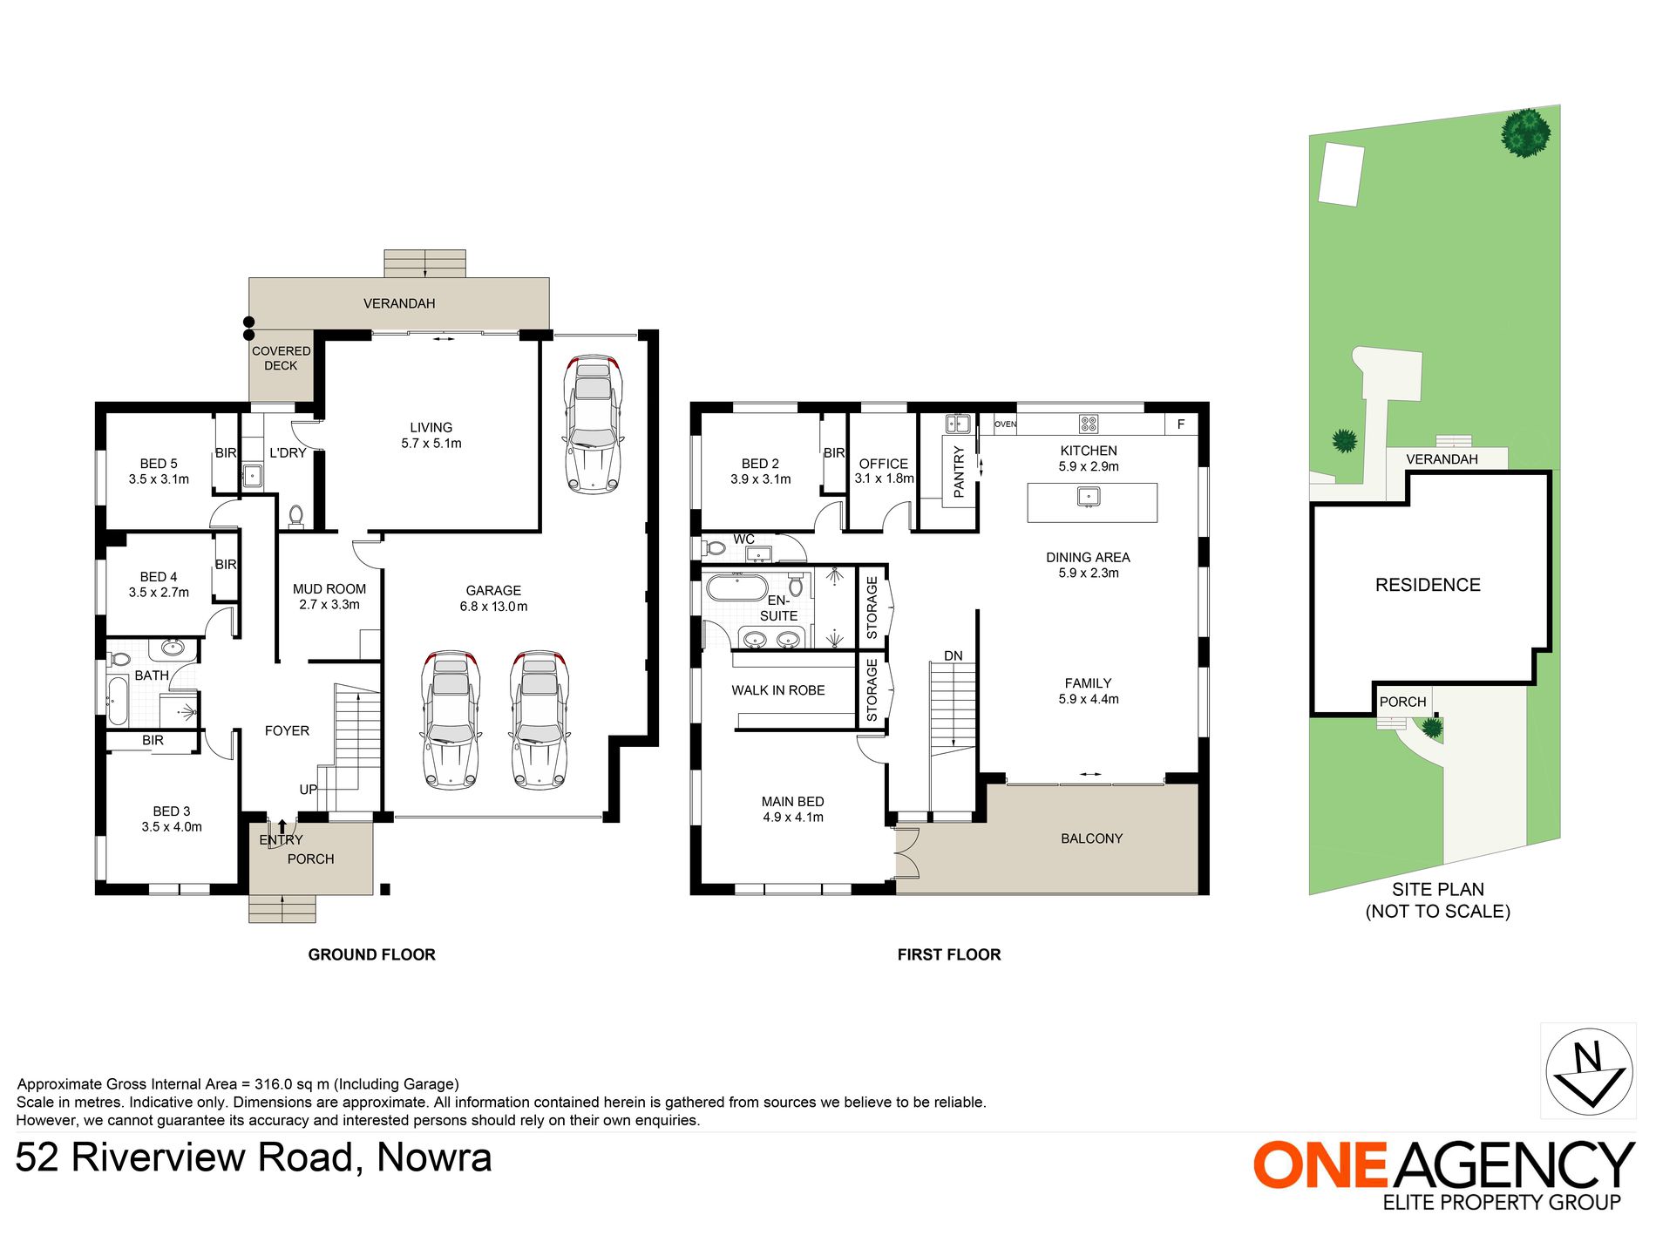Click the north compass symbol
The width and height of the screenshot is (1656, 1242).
coord(1589,1071)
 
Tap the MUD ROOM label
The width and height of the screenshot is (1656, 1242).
coord(329,589)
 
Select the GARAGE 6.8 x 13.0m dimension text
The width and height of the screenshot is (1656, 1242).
coord(493,607)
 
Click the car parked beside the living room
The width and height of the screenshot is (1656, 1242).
coord(594,424)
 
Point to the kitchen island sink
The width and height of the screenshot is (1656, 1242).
coord(1089,497)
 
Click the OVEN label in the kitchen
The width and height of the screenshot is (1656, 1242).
coord(1005,424)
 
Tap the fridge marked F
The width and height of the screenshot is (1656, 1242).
coord(1181,424)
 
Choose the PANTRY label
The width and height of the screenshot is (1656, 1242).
coord(960,472)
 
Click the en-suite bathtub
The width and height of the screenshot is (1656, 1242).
coord(736,587)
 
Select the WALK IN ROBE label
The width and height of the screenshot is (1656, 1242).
coord(778,690)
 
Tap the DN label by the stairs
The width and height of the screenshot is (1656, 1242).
coord(954,656)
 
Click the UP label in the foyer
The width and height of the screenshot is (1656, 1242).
coord(309,790)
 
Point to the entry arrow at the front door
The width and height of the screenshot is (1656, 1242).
coord(282,825)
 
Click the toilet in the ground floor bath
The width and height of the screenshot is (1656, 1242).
coord(119,660)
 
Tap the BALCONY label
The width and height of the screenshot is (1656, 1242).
coord(1092,838)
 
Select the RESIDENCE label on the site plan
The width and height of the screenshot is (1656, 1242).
coord(1428,585)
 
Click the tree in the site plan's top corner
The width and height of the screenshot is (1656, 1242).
coord(1526,132)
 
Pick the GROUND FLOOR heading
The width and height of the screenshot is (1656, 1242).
coord(372,955)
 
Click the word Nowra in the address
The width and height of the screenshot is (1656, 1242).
coord(435,1157)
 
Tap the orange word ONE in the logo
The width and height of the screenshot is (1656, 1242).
coord(1320,1165)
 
